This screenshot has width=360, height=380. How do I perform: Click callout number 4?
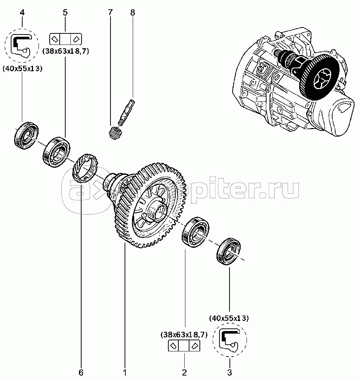22,13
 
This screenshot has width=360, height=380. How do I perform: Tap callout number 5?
65,13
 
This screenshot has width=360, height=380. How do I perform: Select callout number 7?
110,13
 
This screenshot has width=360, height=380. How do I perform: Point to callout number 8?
132,13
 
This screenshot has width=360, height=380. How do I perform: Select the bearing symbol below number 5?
65,39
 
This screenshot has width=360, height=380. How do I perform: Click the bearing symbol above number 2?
184,346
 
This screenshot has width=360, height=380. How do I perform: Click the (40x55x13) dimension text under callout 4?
22,68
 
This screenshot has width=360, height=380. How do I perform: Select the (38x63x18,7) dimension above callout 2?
184,335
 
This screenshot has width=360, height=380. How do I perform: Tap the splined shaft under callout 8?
128,111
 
